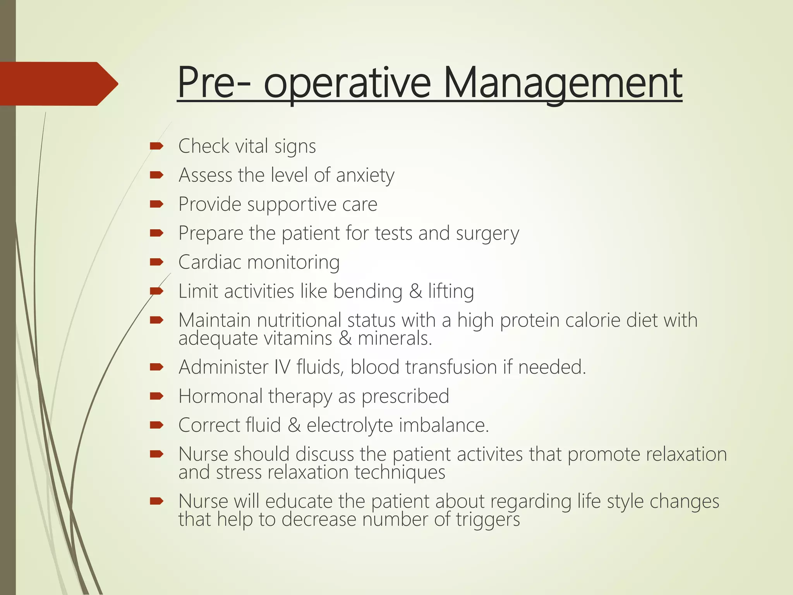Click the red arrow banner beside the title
point(58,84)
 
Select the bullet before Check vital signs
point(156,146)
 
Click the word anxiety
point(365,175)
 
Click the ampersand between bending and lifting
point(415,291)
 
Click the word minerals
point(395,338)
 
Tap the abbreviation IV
point(282,367)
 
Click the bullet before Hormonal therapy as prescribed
point(156,396)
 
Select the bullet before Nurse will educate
point(156,501)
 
